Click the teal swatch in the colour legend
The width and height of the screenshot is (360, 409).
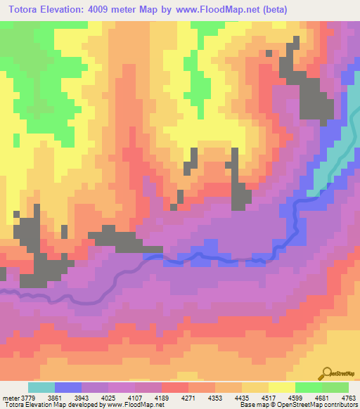pyautogui.click(x=41, y=387)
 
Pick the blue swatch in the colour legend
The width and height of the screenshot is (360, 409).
pyautogui.click(x=67, y=387)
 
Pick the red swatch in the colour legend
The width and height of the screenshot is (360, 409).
pyautogui.click(x=174, y=387)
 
